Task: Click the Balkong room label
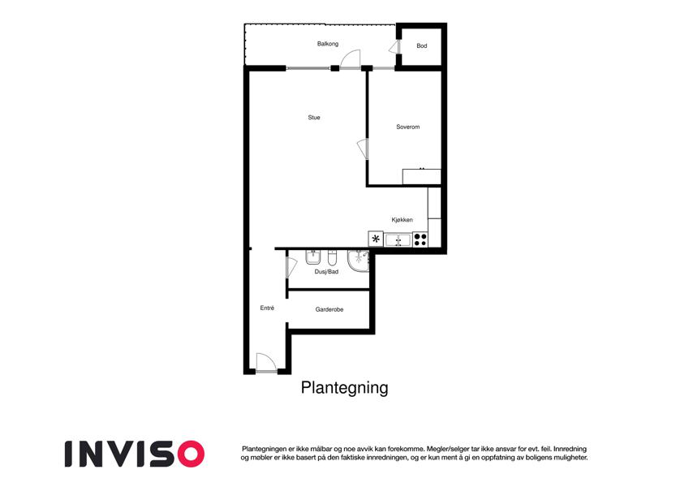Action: click(328, 44)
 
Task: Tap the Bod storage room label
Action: click(422, 45)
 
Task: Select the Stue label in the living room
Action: click(314, 118)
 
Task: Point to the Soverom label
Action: click(407, 127)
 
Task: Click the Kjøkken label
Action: click(402, 220)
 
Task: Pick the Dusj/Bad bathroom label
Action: click(326, 272)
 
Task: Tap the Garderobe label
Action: click(329, 309)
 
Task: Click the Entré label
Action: click(267, 308)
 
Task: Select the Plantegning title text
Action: click(344, 388)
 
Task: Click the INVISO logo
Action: click(135, 454)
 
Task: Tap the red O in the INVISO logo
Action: click(191, 454)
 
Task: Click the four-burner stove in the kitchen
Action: click(420, 239)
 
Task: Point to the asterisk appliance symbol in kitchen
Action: click(376, 239)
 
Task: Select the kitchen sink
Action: click(398, 240)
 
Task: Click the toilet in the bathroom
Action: click(332, 257)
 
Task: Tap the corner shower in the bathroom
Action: click(359, 261)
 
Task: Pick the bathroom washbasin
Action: click(313, 257)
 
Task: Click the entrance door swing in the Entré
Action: click(266, 363)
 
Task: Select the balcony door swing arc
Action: click(351, 59)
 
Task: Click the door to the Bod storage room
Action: click(394, 47)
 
